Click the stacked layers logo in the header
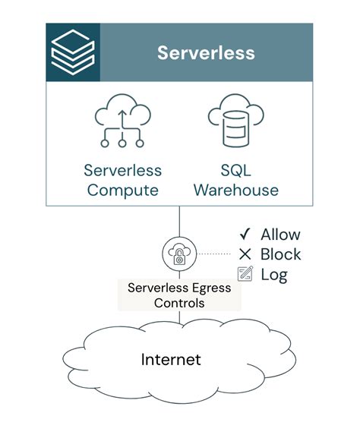click(x=73, y=52)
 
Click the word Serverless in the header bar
click(x=206, y=52)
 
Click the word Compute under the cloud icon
click(x=124, y=190)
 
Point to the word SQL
click(x=235, y=170)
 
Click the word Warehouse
click(x=235, y=190)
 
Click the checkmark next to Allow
click(x=245, y=235)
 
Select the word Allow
click(x=280, y=235)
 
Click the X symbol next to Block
click(x=245, y=254)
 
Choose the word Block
click(x=280, y=254)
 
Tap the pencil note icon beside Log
click(x=245, y=274)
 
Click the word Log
click(x=274, y=274)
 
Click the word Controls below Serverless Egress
click(x=179, y=302)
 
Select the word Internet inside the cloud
click(x=171, y=358)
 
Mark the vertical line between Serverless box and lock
click(x=179, y=222)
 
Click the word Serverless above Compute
click(x=124, y=170)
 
